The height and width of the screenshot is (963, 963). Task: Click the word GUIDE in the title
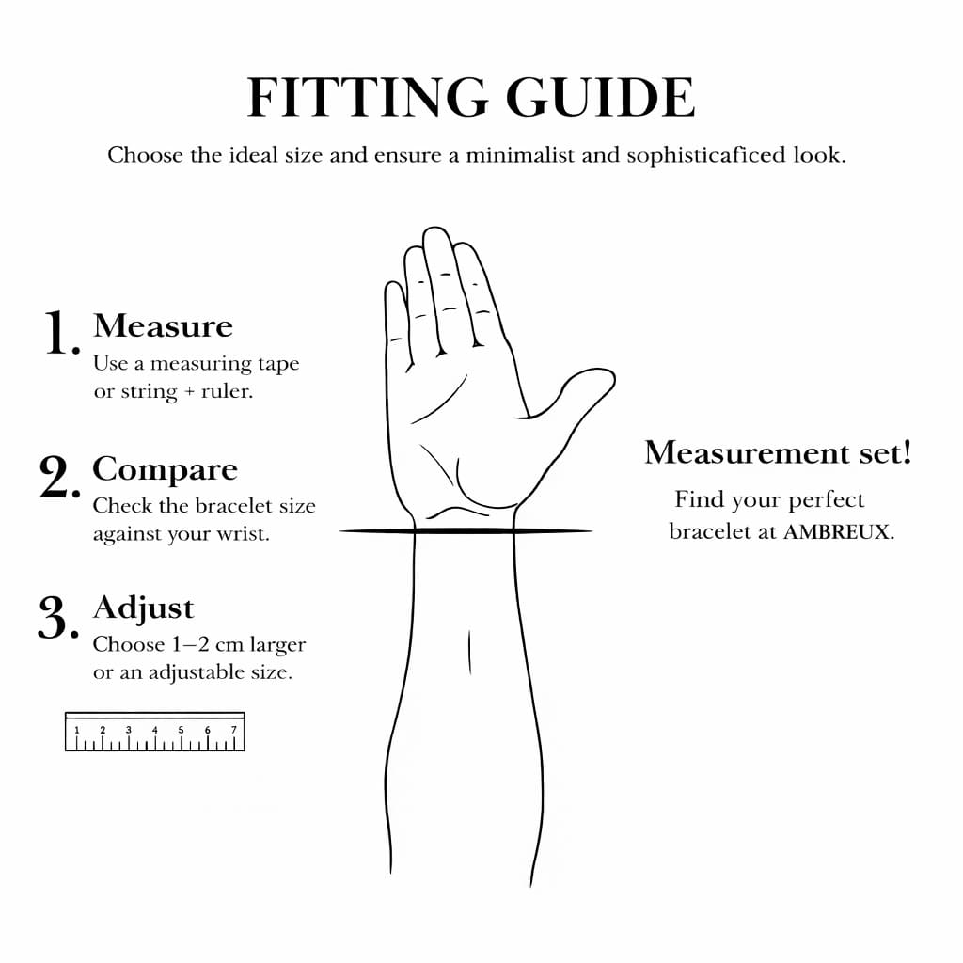(600, 97)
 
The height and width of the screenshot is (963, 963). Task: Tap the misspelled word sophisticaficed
(705, 155)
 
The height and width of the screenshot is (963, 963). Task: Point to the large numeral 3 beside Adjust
(58, 617)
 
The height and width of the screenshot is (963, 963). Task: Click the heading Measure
(164, 325)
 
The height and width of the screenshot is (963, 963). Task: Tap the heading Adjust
(144, 609)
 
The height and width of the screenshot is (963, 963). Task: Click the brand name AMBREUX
(836, 532)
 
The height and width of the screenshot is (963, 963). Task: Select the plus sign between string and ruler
(189, 392)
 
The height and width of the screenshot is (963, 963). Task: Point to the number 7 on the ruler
(233, 730)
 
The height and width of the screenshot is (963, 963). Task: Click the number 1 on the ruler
(77, 730)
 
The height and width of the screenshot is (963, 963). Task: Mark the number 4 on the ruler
(155, 730)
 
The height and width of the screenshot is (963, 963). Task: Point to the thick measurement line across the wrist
(466, 530)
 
